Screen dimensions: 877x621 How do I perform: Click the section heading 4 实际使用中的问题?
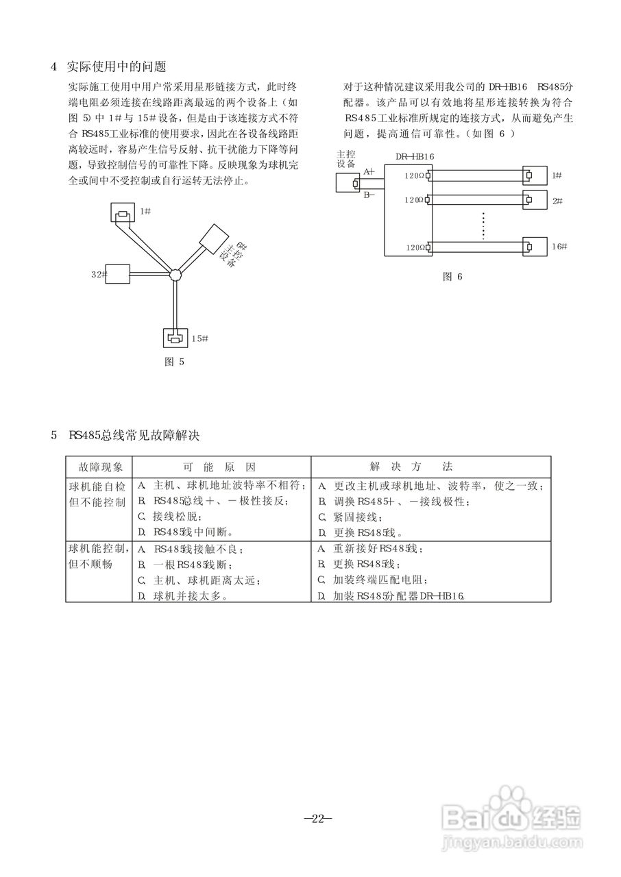(109, 67)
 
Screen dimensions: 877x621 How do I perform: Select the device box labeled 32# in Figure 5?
(119, 274)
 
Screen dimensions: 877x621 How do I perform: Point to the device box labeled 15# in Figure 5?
(175, 337)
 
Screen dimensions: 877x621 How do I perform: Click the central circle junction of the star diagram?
(175, 274)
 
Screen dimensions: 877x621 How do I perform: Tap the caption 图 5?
(175, 362)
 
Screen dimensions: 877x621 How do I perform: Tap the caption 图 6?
(453, 276)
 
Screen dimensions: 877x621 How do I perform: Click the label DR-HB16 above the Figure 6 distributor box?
(415, 156)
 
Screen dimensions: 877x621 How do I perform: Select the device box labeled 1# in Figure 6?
(529, 176)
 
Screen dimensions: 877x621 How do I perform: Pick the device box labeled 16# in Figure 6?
(529, 247)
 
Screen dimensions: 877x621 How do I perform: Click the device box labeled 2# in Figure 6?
(529, 200)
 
